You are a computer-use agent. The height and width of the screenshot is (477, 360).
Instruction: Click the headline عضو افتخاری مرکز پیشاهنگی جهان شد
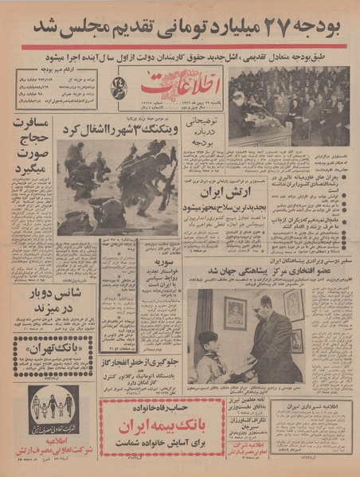click(271, 276)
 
